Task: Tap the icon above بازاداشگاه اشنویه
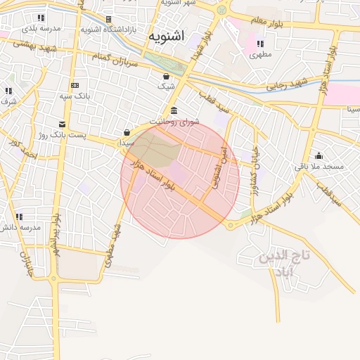[108, 19]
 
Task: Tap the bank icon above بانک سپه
[75, 85]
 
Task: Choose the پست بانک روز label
[61, 134]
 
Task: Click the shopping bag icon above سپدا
[127, 131]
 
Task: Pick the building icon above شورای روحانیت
[174, 110]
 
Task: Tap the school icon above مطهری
[261, 43]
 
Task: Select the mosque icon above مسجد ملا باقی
[319, 155]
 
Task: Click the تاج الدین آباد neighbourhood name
[285, 263]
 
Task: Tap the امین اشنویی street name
[221, 167]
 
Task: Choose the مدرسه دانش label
[22, 227]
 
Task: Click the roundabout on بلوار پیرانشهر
[55, 279]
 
